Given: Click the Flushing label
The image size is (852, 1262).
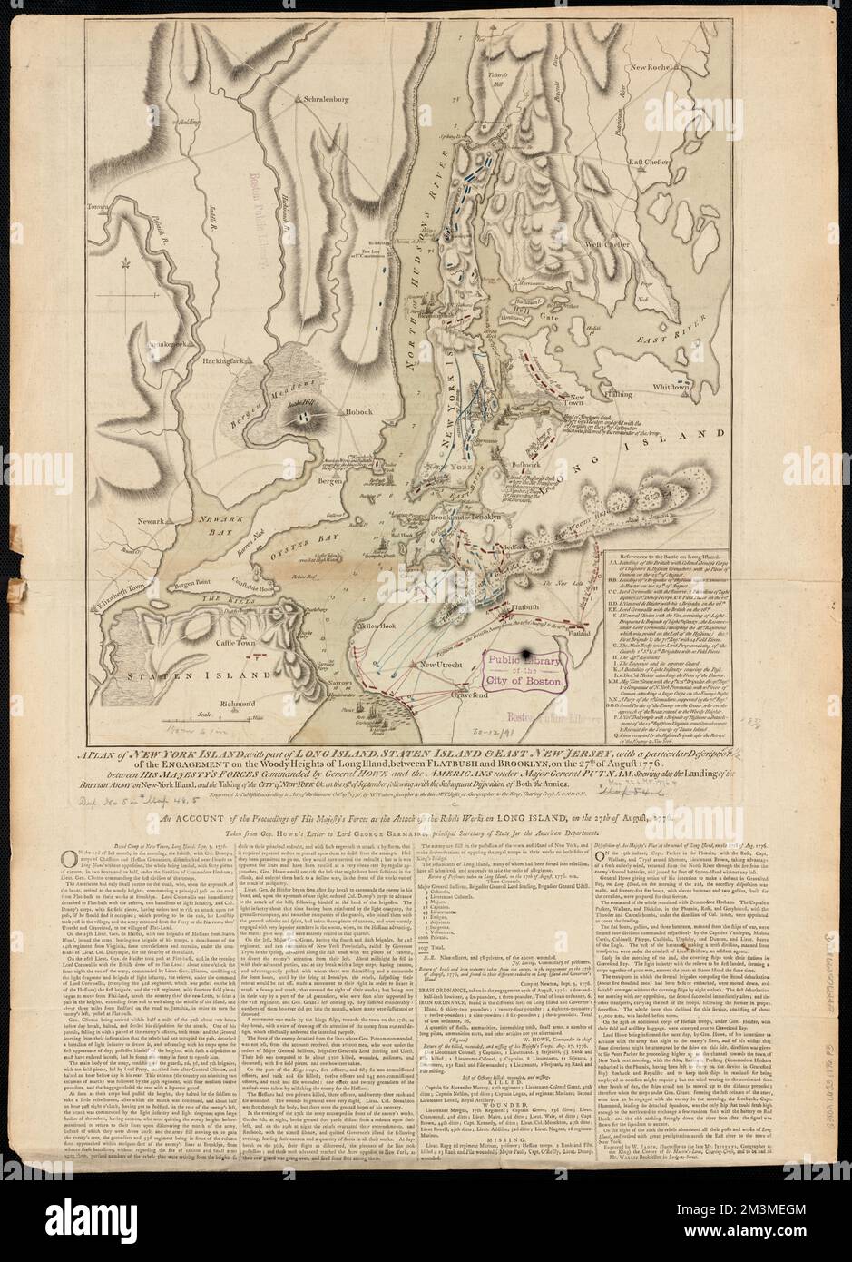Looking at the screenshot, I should pos(622,395).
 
